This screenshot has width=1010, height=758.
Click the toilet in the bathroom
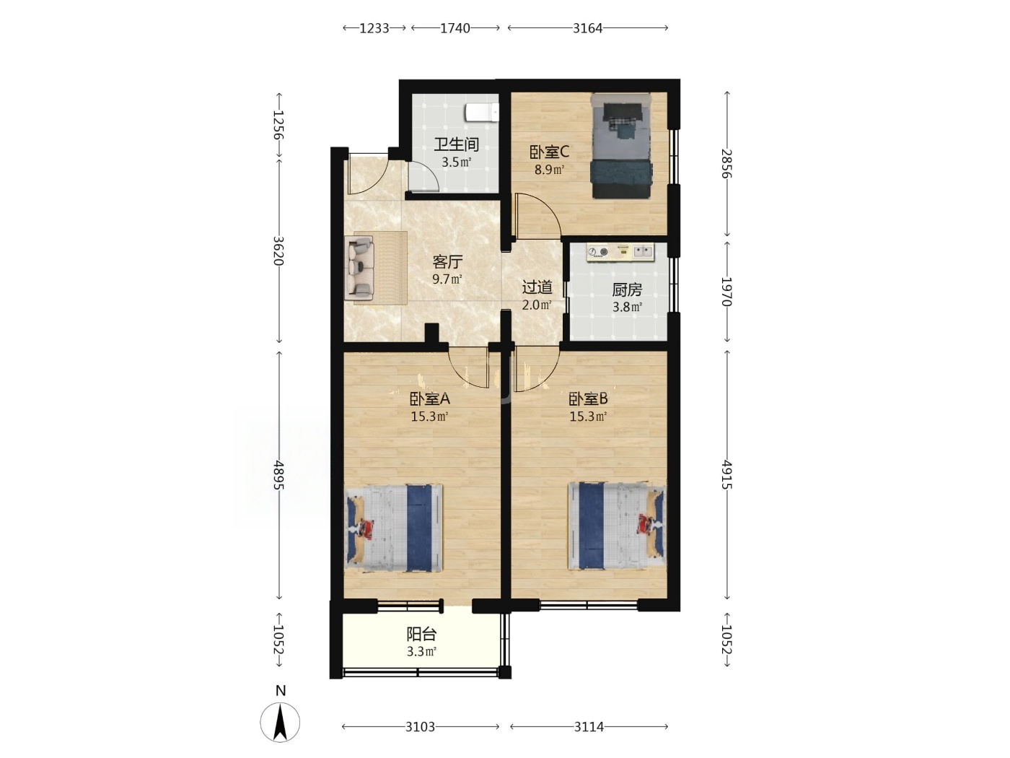point(482,113)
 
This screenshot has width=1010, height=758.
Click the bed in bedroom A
point(394,528)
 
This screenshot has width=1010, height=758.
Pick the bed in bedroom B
point(617,526)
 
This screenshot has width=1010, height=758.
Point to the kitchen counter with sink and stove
point(620,253)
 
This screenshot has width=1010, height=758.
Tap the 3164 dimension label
point(587,29)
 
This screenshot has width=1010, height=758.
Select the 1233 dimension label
point(374,29)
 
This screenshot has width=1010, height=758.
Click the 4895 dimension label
point(279,475)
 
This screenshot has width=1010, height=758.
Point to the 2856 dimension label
point(726,163)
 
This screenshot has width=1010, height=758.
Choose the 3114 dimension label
point(589,727)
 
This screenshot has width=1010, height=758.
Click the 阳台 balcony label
point(421,635)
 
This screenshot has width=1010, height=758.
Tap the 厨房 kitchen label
point(627,289)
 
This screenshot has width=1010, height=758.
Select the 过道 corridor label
point(537,287)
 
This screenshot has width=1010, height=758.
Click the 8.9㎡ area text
point(549,170)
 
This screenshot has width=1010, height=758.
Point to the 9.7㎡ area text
point(447,279)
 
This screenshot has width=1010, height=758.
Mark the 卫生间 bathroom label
point(457,144)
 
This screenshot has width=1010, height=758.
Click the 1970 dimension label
point(726,292)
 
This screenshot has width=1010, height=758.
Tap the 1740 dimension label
point(454,29)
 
